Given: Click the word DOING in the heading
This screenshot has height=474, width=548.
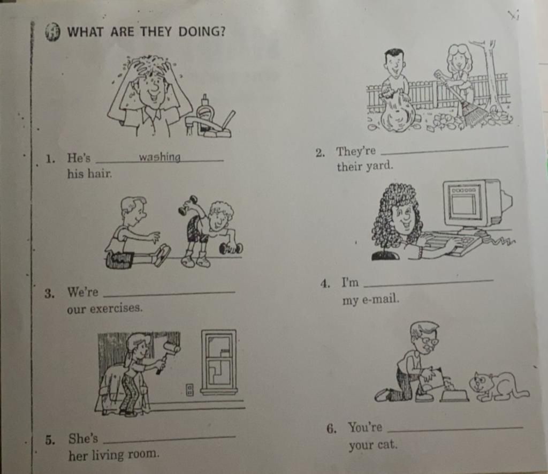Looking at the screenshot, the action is tap(202, 32).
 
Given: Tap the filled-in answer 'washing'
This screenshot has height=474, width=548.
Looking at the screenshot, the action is tap(159, 157).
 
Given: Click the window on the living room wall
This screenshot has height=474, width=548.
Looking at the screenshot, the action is tap(219, 362).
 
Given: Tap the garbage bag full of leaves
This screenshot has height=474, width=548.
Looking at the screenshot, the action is tap(398, 112).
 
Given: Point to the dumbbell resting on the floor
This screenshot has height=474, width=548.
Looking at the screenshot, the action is tap(231, 249).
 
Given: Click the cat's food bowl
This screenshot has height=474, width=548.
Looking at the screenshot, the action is tap(454, 395).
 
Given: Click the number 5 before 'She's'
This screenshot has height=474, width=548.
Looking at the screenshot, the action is tap(49, 440).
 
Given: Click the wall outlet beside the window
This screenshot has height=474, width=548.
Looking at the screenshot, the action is tap(189, 389).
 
